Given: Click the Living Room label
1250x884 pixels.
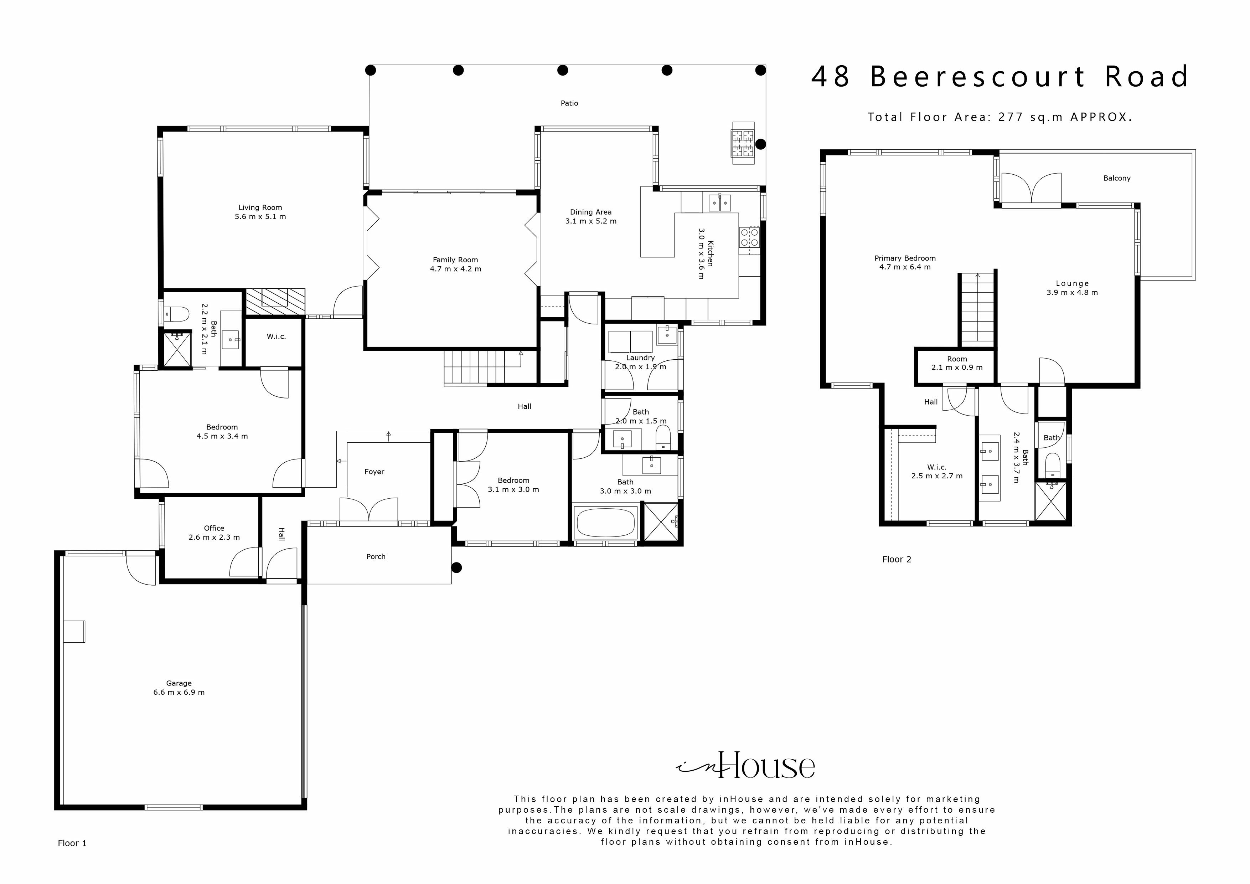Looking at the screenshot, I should point(260,207).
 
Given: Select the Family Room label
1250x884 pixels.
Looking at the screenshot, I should point(455,260).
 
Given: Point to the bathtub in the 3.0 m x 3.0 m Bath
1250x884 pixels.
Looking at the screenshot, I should point(605,523).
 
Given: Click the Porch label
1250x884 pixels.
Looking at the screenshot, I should point(376,557).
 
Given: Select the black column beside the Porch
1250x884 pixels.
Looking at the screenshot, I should point(457,567).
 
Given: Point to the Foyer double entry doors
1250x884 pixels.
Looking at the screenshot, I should point(369,510).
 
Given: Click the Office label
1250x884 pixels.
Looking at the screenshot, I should point(214,528).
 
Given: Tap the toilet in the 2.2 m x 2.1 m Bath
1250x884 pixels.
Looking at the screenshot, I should point(178,314).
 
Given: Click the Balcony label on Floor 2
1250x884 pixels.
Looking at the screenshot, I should point(1117,178).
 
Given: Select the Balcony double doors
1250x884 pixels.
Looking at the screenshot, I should point(1031,189).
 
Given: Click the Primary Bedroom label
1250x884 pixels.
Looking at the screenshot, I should point(905,258).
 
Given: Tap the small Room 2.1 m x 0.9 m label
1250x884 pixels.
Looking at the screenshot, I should point(956,359).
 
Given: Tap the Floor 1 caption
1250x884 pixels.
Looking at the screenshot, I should point(72,843).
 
